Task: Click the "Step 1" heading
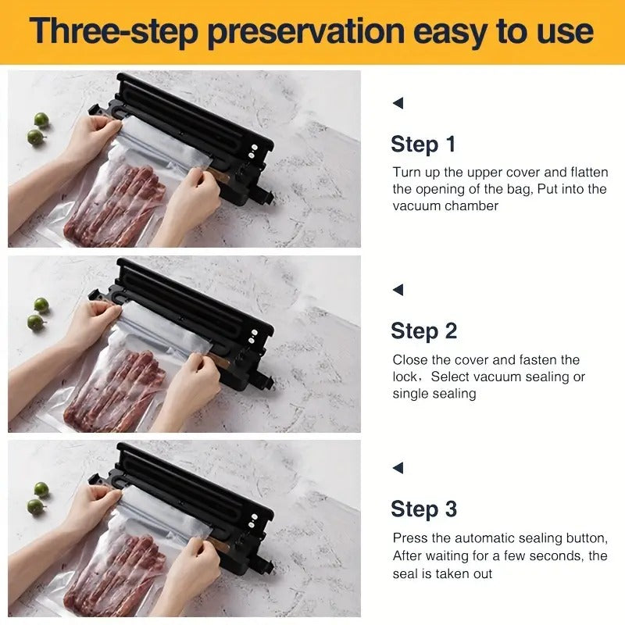pos(423,145)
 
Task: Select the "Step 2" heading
pos(423,330)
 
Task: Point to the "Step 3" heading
pos(423,509)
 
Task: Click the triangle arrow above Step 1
pos(398,103)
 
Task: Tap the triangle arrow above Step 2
pos(398,290)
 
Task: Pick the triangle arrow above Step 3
pos(398,468)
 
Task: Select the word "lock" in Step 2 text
pos(406,377)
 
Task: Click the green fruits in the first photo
pos(37,129)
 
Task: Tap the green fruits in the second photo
pos(37,313)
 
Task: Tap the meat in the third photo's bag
pos(117,570)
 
